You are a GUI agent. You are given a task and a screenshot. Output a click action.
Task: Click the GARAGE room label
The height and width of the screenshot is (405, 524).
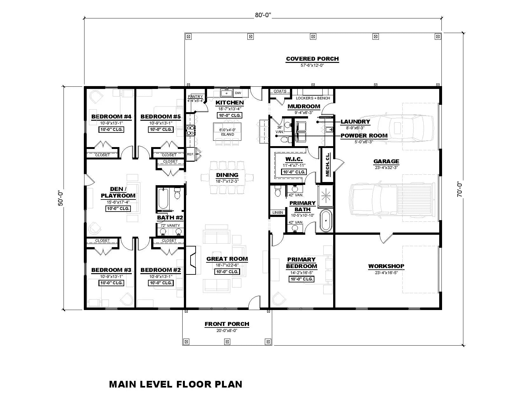386,161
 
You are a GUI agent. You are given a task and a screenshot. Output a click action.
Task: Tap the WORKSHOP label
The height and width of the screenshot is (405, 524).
386,266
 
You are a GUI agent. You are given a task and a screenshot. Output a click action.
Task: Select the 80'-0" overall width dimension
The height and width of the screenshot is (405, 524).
263,15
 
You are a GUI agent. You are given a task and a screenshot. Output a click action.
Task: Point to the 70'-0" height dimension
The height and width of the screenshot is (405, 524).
460,190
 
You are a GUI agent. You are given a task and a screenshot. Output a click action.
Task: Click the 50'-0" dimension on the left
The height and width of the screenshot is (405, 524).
61,198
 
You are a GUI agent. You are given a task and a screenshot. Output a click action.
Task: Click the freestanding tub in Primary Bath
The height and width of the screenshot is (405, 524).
326,220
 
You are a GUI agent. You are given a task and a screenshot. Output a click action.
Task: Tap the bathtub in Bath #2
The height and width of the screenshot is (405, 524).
163,199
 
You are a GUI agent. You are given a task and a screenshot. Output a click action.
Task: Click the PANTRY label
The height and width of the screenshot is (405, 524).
195,97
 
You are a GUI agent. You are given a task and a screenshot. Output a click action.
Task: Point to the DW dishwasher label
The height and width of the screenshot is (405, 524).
238,93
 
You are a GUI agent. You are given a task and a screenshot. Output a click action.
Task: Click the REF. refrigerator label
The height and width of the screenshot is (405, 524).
190,154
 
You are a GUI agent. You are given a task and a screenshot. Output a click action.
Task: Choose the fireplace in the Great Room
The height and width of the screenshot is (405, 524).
191,260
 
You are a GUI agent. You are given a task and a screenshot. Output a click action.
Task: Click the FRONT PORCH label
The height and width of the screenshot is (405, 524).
227,324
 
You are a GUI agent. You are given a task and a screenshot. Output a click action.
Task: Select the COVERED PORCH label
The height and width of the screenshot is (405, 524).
312,59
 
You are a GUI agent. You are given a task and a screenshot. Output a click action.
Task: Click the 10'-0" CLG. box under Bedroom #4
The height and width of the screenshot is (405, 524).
111,130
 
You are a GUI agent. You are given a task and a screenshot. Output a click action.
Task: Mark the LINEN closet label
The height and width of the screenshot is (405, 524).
277,213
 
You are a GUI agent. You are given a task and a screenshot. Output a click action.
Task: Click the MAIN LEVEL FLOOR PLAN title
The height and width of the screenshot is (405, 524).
175,384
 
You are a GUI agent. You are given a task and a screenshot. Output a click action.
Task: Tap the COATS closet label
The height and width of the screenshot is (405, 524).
280,91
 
